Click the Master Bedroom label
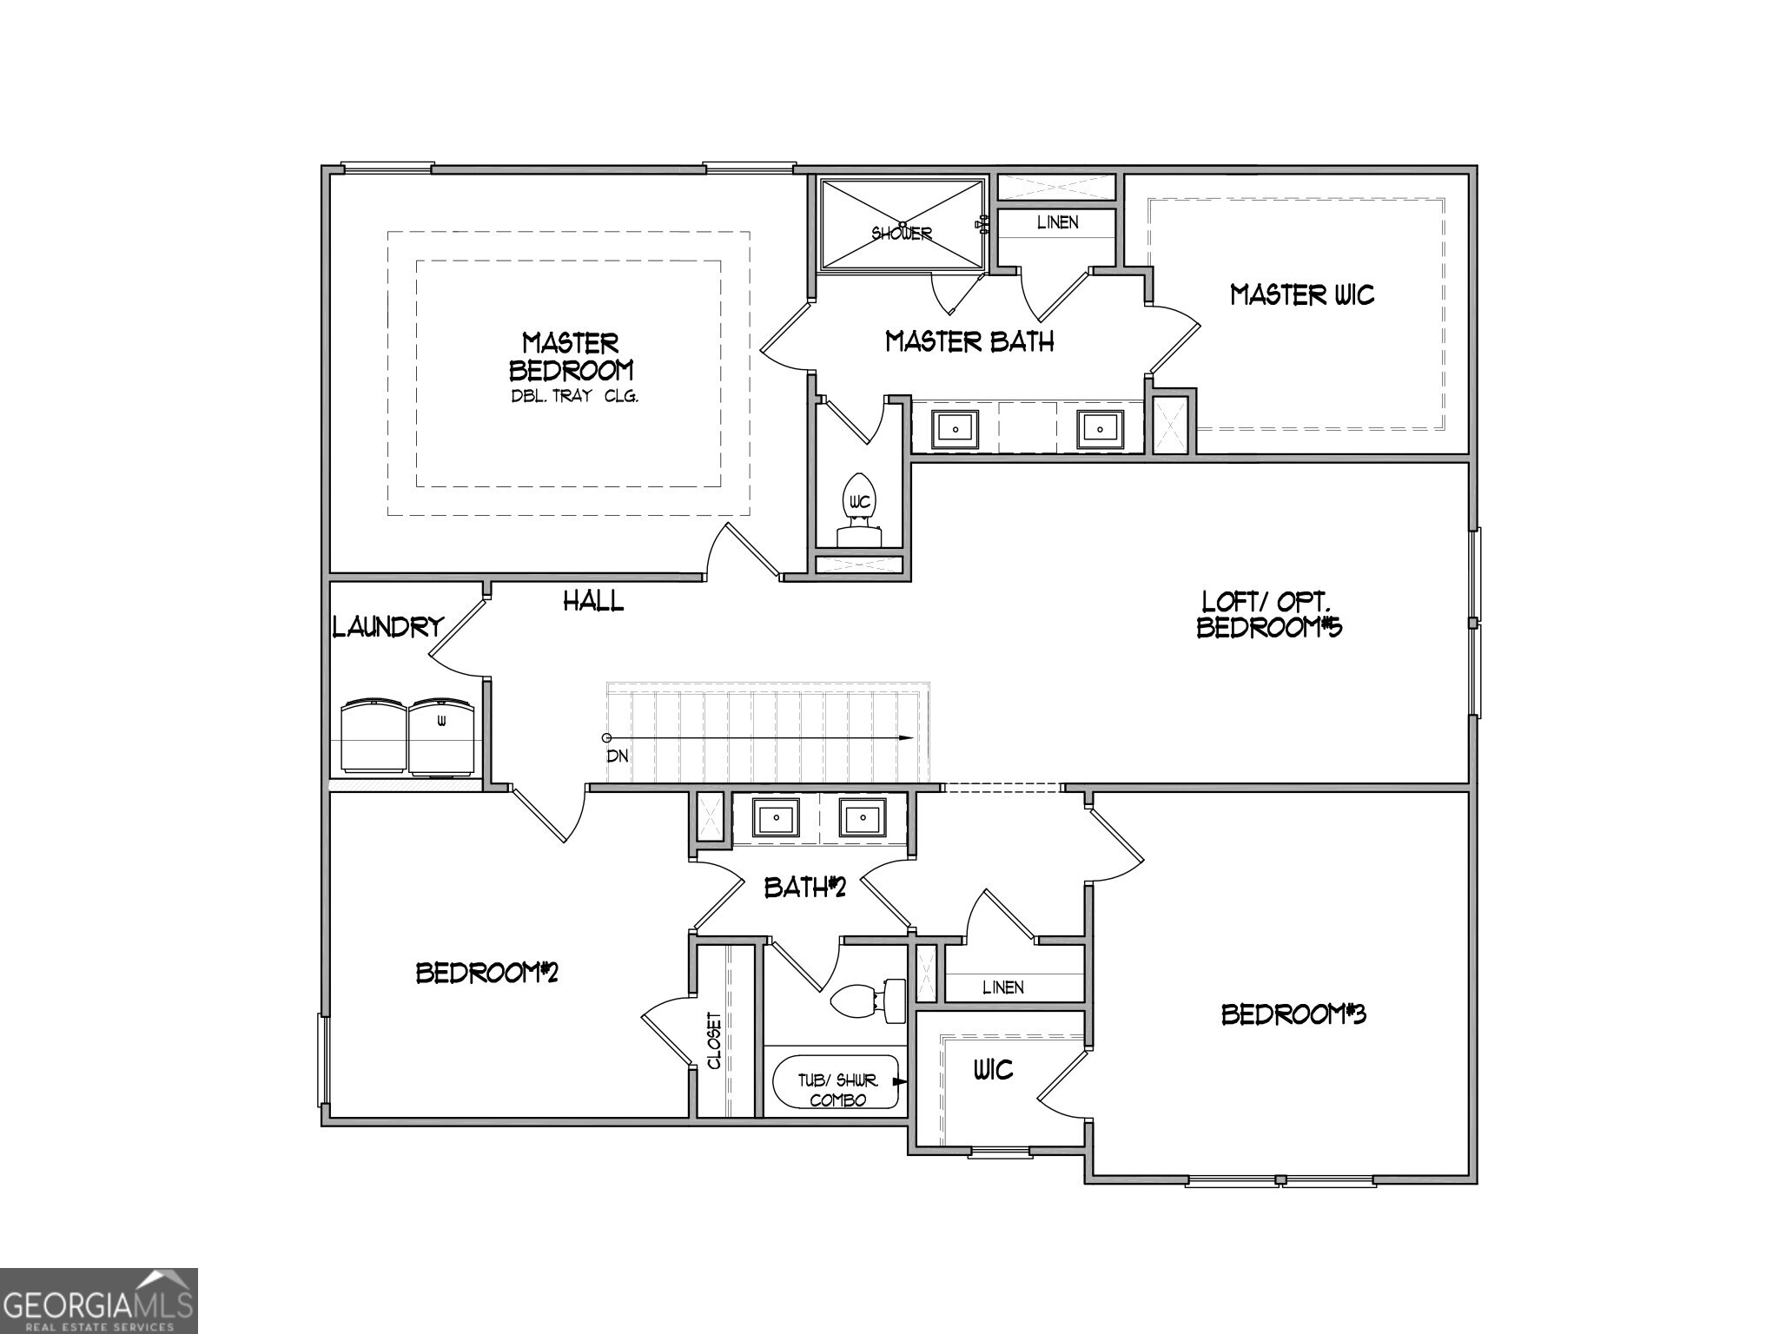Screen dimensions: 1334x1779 pyautogui.click(x=571, y=356)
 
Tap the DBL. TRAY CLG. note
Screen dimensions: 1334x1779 pyautogui.click(x=573, y=397)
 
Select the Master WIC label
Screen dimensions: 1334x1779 pyautogui.click(x=1302, y=295)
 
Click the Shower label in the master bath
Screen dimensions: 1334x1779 pyautogui.click(x=902, y=234)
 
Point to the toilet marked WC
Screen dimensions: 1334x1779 pyautogui.click(x=859, y=508)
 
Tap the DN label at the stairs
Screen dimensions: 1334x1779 pyautogui.click(x=617, y=756)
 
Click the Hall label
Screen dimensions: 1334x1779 pyautogui.click(x=593, y=601)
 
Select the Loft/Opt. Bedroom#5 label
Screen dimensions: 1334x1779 pyautogui.click(x=1269, y=615)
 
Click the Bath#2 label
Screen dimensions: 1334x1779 pyautogui.click(x=804, y=887)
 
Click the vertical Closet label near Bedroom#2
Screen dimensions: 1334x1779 pyautogui.click(x=714, y=1040)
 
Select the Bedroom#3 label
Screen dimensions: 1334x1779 pyautogui.click(x=1293, y=1014)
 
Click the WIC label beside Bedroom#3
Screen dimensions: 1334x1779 pyautogui.click(x=992, y=1069)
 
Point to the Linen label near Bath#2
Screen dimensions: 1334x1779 pyautogui.click(x=1002, y=987)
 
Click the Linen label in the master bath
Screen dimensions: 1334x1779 pyautogui.click(x=1057, y=222)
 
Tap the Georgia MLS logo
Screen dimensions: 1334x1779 pyautogui.click(x=98, y=1300)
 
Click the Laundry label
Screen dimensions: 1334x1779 pyautogui.click(x=388, y=627)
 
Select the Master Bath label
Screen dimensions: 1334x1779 pyautogui.click(x=969, y=342)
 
